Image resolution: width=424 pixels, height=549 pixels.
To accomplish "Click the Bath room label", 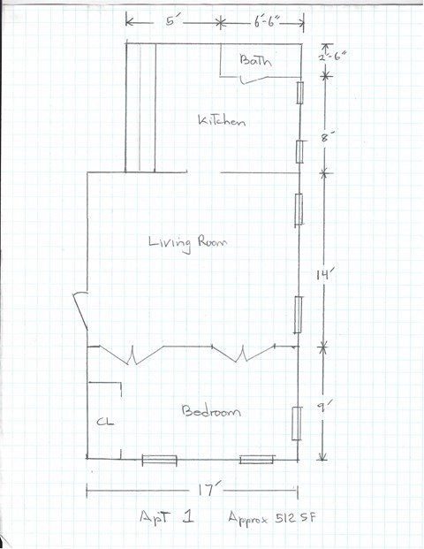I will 256,61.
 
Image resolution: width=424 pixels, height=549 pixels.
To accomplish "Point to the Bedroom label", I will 209,411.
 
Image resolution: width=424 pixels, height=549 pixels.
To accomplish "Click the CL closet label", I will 103,422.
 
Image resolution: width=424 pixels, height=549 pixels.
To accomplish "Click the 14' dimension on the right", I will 323,274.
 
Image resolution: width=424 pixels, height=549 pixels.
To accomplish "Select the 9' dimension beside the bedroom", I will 323,408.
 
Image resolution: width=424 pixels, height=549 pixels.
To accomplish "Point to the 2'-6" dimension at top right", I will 333,60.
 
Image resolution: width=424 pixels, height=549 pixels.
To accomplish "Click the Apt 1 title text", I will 167,517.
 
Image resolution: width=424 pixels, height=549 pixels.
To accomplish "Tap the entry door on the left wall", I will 80,311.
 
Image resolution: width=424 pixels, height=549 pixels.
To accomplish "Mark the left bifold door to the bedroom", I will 132,355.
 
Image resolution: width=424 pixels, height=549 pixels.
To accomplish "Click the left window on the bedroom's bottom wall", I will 160,460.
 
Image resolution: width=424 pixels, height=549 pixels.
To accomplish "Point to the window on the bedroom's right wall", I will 298,423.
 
